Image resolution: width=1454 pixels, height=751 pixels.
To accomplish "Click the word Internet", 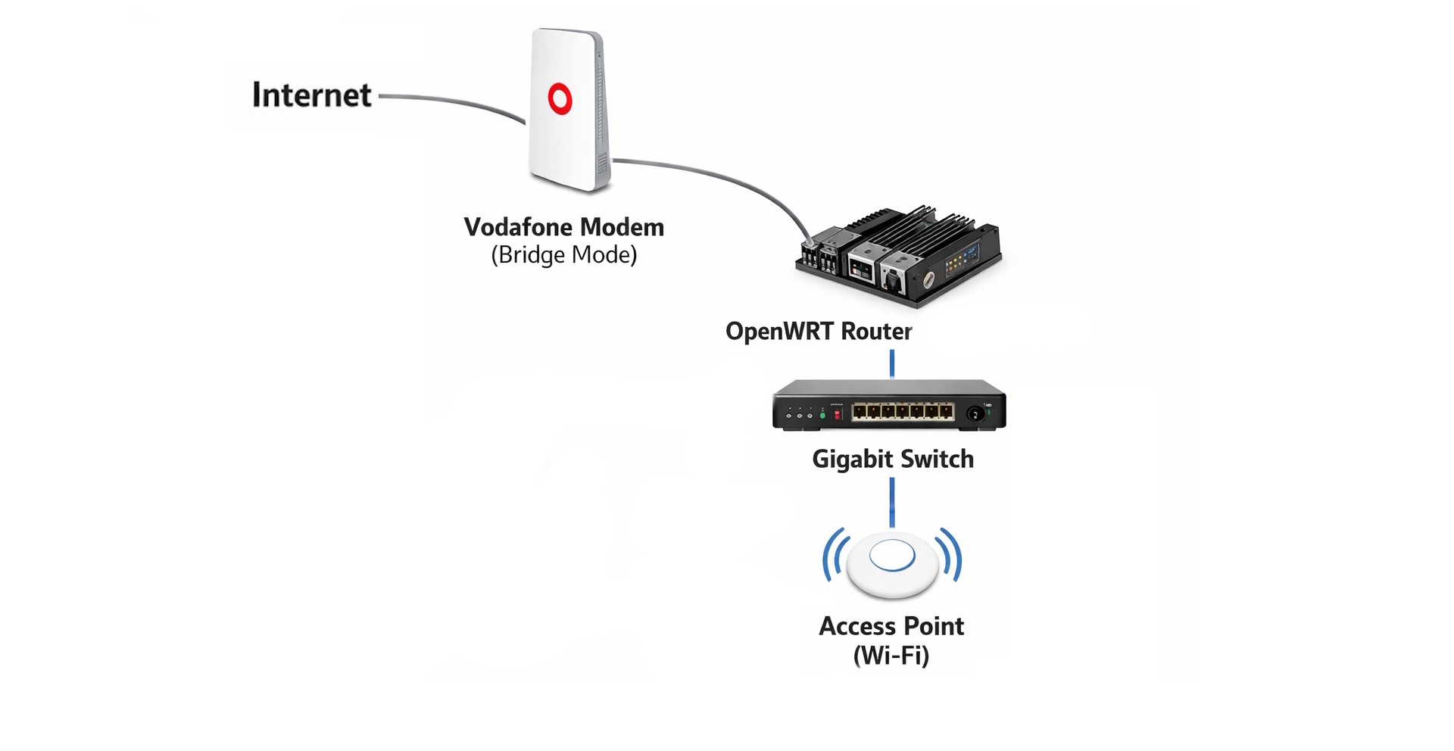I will (x=311, y=95).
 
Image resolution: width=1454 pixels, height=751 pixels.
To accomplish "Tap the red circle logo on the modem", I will (x=560, y=99).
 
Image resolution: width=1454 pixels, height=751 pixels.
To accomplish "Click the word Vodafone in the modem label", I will (x=519, y=227).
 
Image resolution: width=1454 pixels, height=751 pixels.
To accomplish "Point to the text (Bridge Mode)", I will (x=564, y=255).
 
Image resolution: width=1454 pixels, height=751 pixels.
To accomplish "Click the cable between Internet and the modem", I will (x=454, y=102).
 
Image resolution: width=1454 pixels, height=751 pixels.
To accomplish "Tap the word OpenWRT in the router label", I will (x=780, y=332).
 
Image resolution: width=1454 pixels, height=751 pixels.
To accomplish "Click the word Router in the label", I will (x=876, y=332).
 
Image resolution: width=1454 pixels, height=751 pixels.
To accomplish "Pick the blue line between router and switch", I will (x=892, y=363).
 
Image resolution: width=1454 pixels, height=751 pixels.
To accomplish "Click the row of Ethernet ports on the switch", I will (x=903, y=411).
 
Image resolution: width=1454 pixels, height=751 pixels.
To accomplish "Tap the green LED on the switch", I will (x=822, y=415).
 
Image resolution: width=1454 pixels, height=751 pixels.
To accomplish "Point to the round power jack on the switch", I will (x=975, y=413).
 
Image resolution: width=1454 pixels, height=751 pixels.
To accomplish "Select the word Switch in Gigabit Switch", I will (x=937, y=460).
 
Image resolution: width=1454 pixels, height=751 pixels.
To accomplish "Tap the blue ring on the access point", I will (x=892, y=556).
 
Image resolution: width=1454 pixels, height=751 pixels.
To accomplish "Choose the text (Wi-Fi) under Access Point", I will (x=891, y=656).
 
